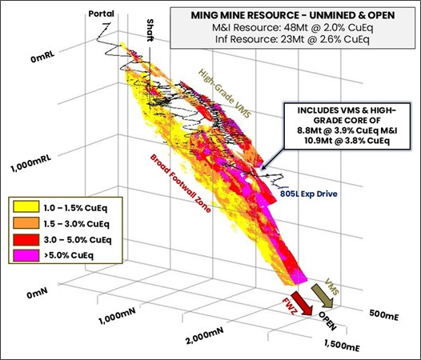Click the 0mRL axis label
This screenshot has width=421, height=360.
tap(45, 58)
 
